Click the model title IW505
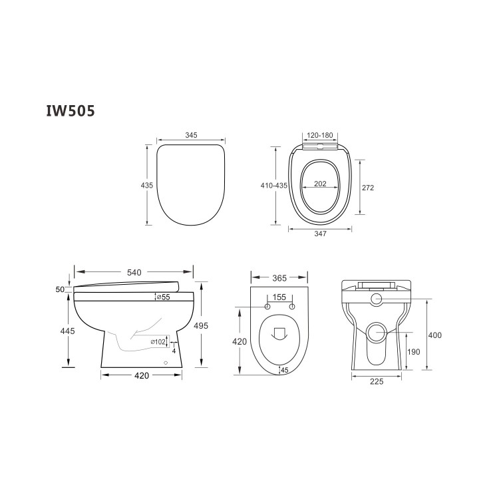(69, 110)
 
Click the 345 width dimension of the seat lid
(191, 135)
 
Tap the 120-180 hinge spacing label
(320, 135)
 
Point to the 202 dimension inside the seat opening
(319, 184)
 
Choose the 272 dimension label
(368, 188)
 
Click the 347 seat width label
(320, 235)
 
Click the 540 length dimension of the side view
(134, 272)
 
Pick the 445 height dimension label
(67, 331)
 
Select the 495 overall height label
(202, 326)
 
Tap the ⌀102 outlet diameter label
(158, 342)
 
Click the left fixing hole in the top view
(267, 307)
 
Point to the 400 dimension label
(434, 335)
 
